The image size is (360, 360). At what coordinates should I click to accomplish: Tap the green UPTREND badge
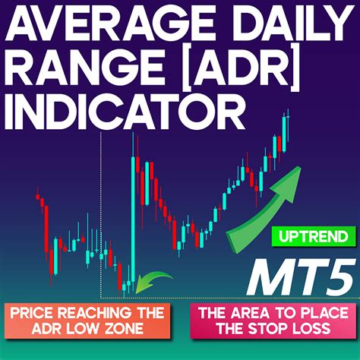(x=314, y=236)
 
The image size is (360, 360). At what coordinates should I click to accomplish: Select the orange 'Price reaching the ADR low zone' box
(x=87, y=321)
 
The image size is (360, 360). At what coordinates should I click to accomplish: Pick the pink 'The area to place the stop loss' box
(x=273, y=321)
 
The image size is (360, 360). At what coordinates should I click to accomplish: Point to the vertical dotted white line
(x=101, y=215)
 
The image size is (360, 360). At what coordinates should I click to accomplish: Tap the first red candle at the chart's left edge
(x=38, y=197)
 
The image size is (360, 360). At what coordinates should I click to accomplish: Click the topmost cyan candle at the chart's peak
(x=284, y=134)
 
